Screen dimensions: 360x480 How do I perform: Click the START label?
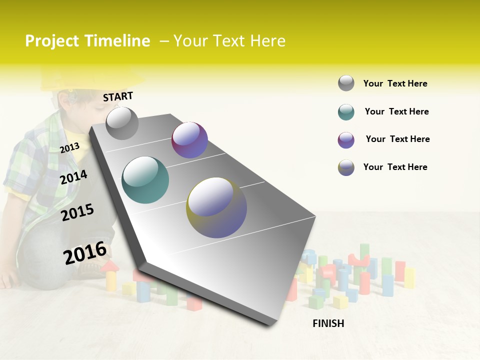click(x=118, y=96)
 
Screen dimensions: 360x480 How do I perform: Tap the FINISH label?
click(x=328, y=323)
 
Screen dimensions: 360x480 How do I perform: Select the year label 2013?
click(x=69, y=148)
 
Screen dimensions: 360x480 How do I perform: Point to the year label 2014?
click(x=73, y=177)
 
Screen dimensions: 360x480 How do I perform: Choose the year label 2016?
click(x=85, y=253)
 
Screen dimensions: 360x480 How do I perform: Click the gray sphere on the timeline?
click(x=122, y=123)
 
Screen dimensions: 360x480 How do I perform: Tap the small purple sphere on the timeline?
click(x=189, y=140)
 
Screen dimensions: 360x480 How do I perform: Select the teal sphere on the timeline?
click(x=145, y=180)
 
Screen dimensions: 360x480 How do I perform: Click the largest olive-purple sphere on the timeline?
click(x=216, y=207)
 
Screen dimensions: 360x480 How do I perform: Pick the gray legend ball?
click(x=346, y=83)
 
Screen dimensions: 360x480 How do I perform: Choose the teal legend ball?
click(x=346, y=112)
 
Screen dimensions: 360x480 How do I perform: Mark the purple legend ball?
click(x=346, y=140)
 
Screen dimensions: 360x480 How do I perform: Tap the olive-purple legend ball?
click(x=346, y=167)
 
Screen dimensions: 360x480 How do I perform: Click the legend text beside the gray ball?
click(x=395, y=83)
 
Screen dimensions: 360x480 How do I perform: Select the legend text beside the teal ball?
click(x=396, y=111)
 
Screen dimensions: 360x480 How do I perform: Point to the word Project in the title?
click(x=53, y=41)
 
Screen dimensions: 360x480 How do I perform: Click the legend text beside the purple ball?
click(x=397, y=139)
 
